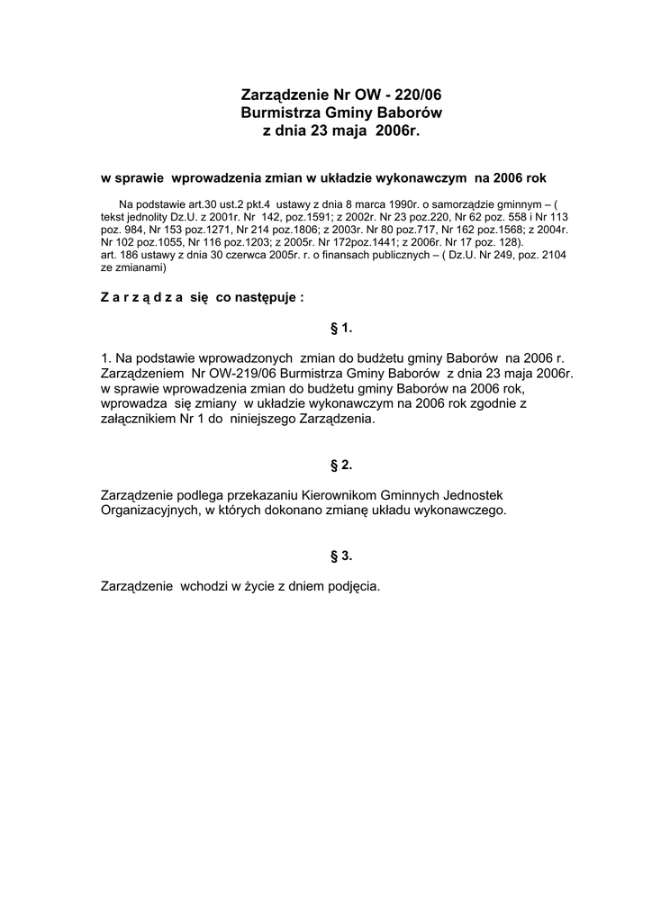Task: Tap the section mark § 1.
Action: point(341,327)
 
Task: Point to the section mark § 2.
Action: point(341,465)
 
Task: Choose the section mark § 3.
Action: point(341,556)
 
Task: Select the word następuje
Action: point(271,297)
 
